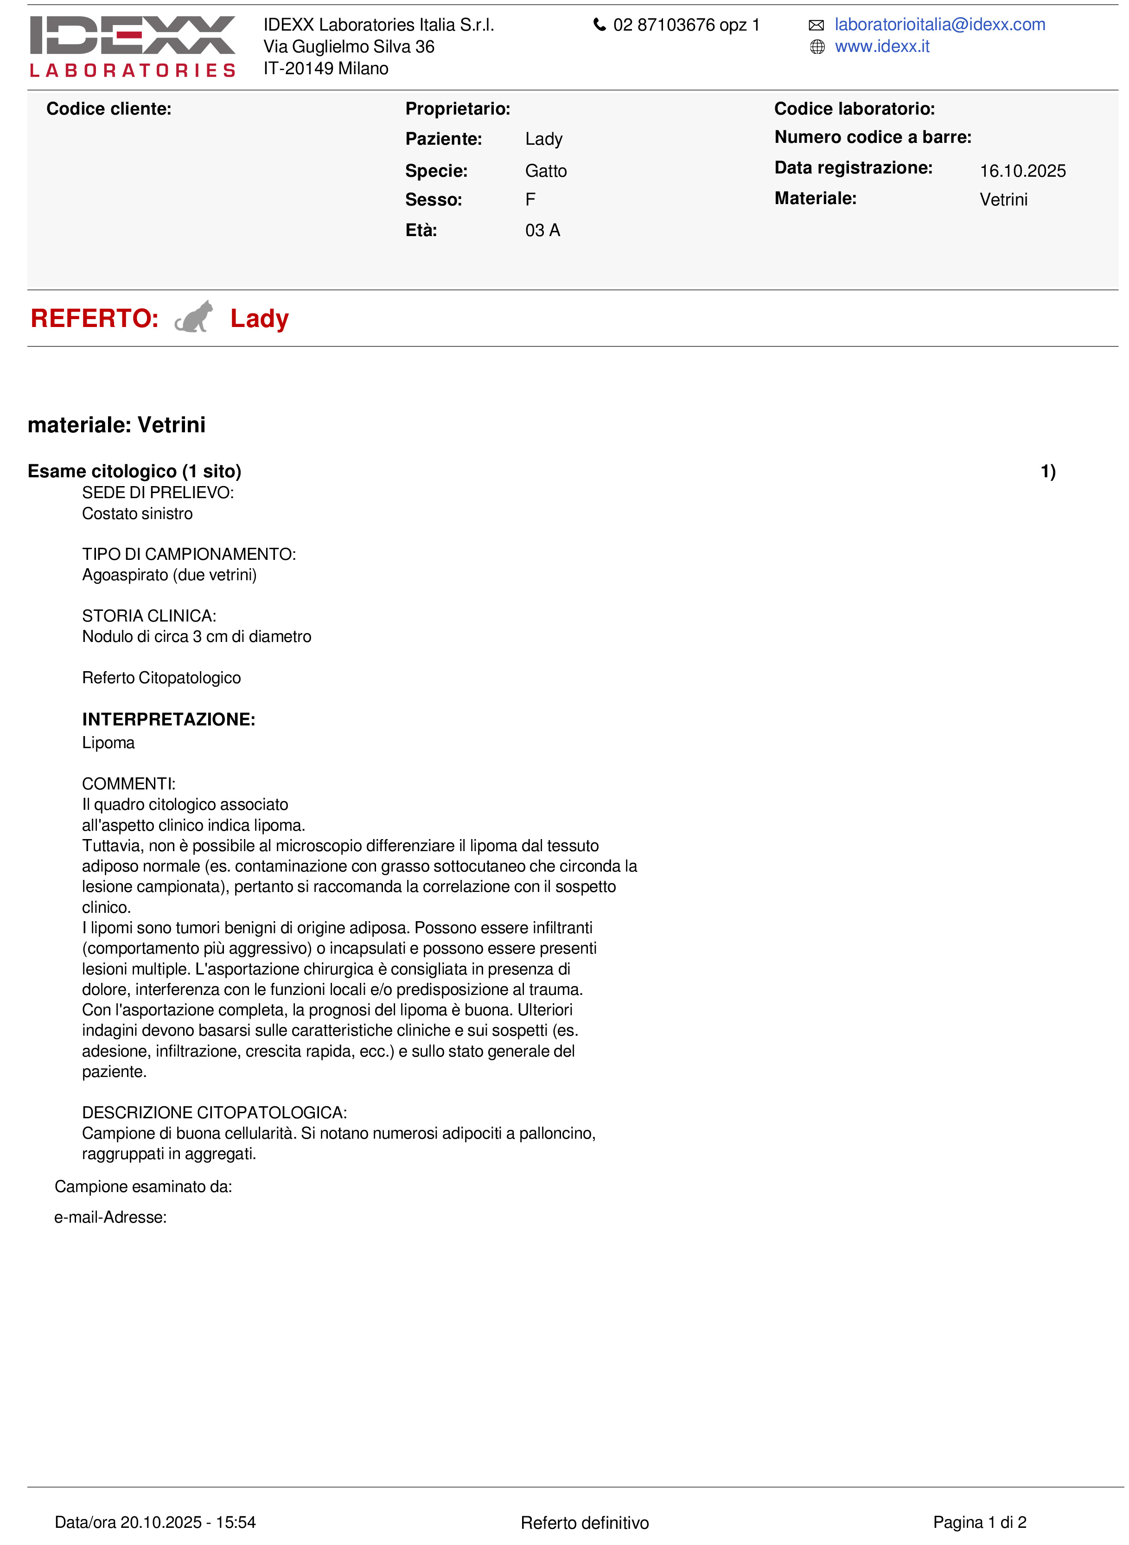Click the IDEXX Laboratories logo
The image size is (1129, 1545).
point(133,46)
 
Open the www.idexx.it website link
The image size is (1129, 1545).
point(881,46)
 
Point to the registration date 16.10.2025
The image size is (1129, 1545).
point(1022,171)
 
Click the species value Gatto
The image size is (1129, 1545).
point(545,171)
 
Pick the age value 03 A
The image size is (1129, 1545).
point(542,231)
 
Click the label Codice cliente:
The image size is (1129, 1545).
point(108,109)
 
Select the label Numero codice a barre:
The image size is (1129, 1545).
point(872,137)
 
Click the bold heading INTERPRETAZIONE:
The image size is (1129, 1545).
point(168,719)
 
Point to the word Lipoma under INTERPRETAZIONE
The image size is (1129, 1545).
point(108,743)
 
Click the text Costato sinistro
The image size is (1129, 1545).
point(137,513)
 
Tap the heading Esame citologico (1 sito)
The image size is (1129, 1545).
point(134,471)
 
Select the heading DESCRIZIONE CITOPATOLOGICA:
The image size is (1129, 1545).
point(214,1112)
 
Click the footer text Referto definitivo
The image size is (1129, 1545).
point(584,1522)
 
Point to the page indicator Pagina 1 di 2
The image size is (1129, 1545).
point(979,1522)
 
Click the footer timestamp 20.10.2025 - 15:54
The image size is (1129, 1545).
point(188,1522)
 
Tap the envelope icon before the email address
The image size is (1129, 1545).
point(816,26)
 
